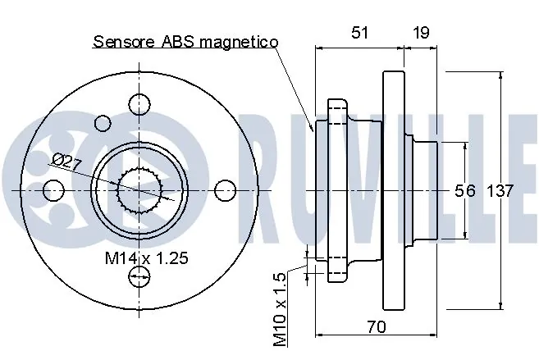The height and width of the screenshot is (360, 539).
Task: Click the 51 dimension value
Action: point(359,33)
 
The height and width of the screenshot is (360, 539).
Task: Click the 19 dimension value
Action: point(421,33)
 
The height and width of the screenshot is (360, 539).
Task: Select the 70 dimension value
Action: point(377,326)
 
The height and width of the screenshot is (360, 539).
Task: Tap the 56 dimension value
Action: point(464,190)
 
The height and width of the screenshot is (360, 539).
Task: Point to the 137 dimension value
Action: point(500,190)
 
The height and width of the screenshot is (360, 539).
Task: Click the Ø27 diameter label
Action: point(67,161)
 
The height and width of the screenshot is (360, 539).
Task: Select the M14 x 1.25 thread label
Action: point(147,257)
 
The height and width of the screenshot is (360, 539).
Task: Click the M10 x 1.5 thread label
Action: point(280,310)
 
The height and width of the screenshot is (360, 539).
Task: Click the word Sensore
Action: point(124,42)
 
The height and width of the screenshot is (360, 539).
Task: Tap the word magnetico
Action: point(239,42)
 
